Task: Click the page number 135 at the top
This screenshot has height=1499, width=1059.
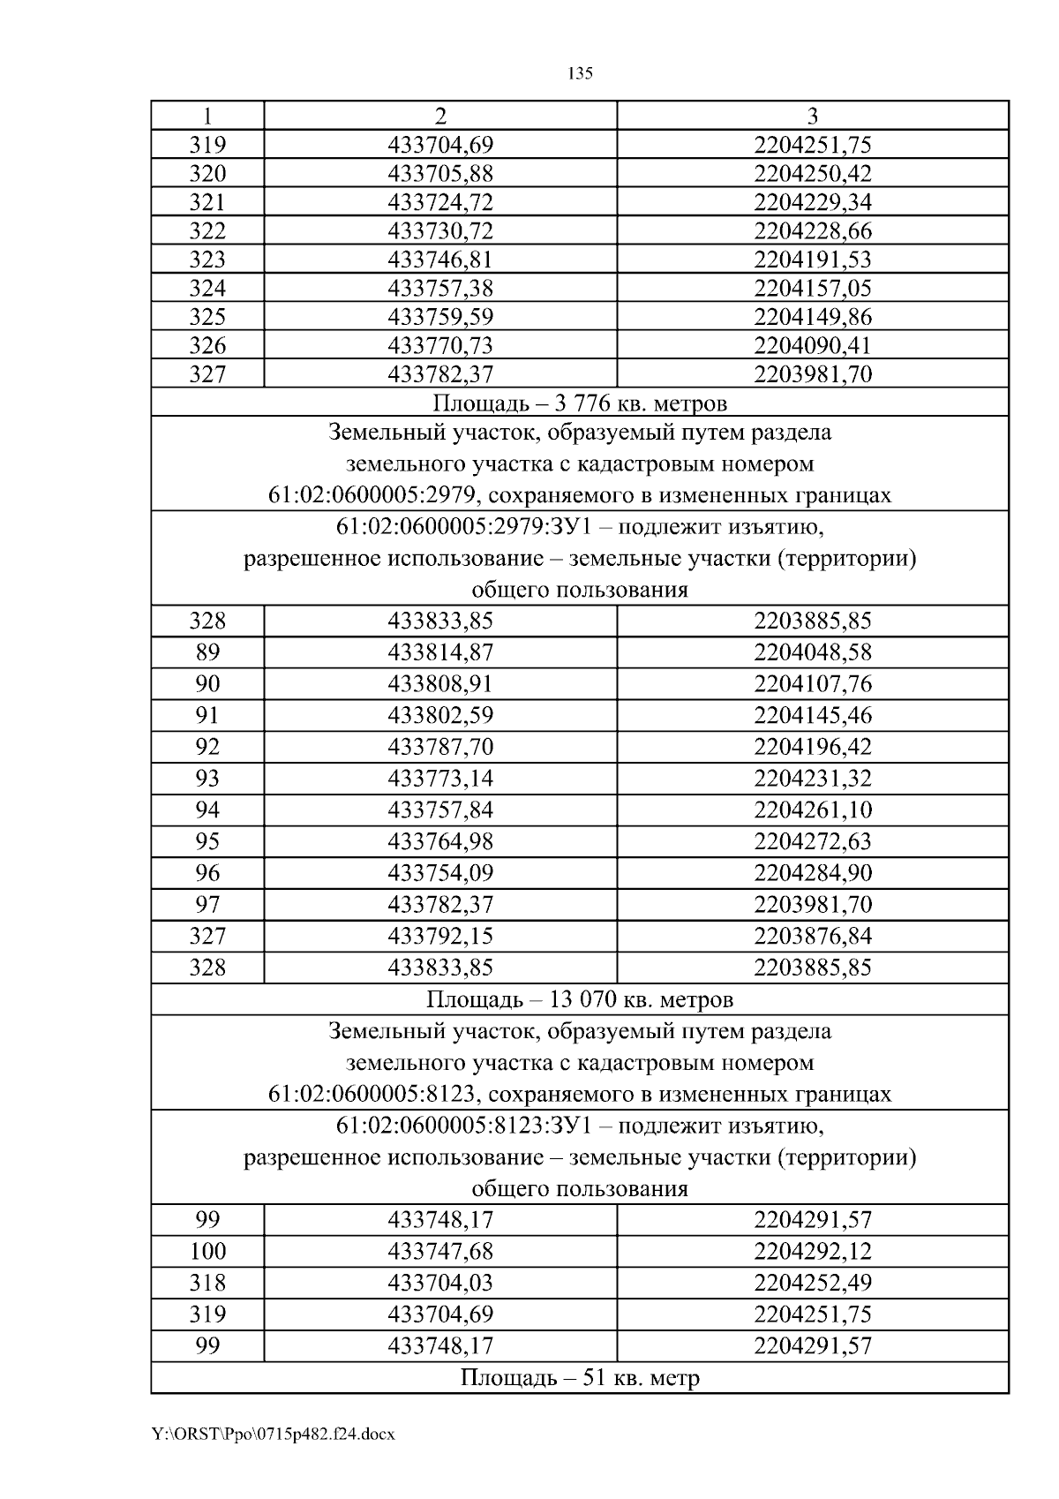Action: [580, 73]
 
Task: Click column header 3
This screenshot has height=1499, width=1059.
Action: [812, 116]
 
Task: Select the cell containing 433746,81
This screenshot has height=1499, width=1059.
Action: [440, 260]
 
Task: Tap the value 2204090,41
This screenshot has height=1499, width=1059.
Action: [812, 345]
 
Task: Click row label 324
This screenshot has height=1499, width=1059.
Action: [207, 289]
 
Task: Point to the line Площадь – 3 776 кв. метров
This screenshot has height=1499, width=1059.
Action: [580, 403]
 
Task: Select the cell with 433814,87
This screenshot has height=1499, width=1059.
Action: [440, 652]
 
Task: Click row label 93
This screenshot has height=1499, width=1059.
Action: [207, 779]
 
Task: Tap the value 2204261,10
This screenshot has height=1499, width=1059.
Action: [812, 810]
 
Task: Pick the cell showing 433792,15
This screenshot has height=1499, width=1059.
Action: [440, 936]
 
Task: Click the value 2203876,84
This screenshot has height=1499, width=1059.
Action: [812, 936]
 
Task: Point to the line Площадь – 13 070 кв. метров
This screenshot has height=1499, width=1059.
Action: [580, 1000]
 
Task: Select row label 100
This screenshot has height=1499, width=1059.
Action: [207, 1252]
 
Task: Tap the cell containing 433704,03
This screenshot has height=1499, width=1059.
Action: [440, 1283]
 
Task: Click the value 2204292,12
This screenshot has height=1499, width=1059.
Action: [812, 1252]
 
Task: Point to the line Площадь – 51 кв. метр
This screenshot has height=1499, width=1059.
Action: [580, 1378]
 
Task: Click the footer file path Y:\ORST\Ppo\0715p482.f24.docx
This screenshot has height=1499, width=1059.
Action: [274, 1435]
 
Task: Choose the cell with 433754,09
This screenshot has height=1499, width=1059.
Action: [440, 873]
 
